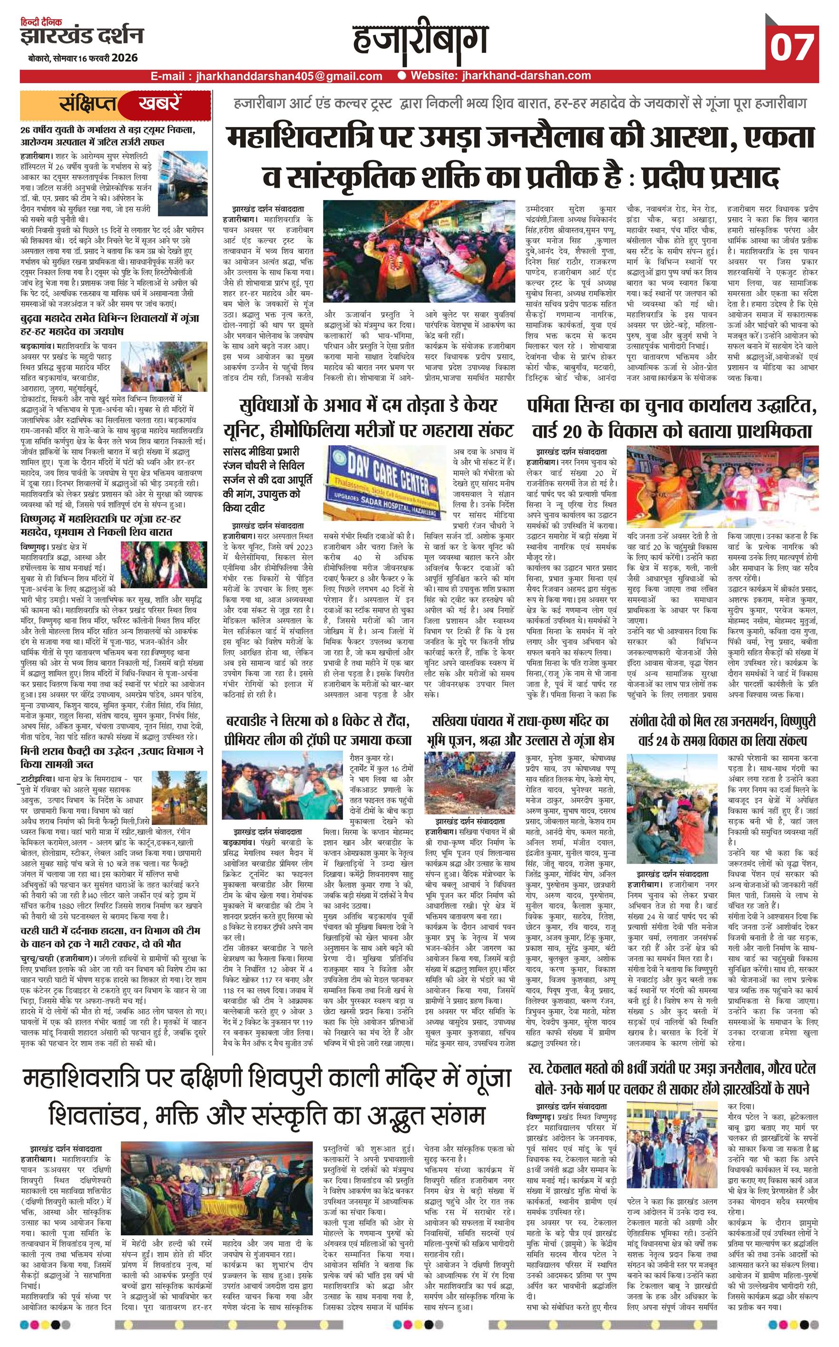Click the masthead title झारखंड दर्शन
click(82, 36)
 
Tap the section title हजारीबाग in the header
click(420, 41)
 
